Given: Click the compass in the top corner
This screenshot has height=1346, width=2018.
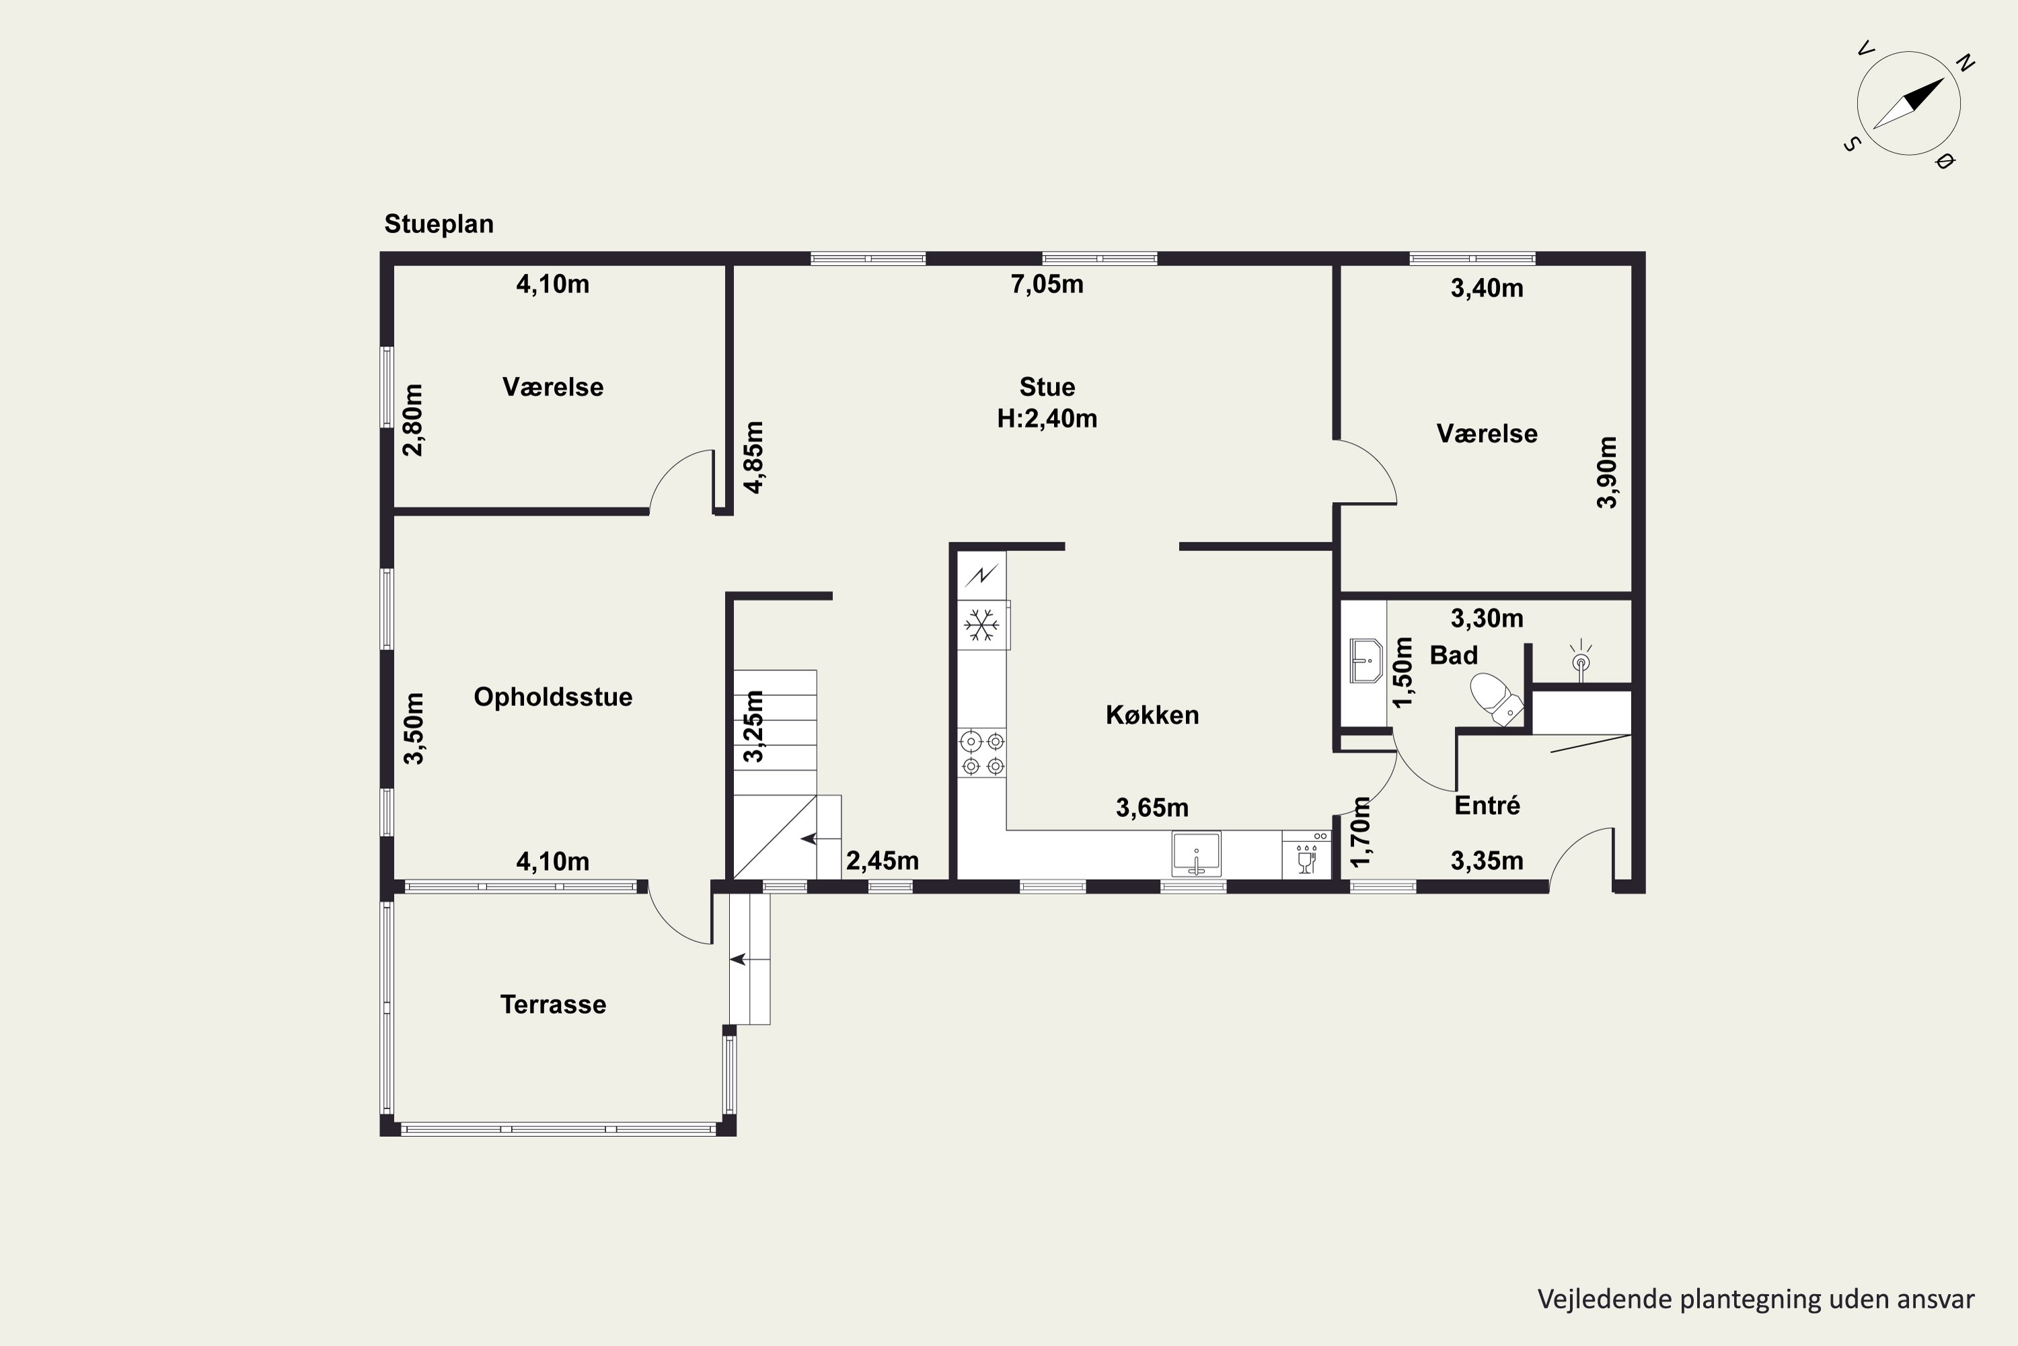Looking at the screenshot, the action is tap(1909, 104).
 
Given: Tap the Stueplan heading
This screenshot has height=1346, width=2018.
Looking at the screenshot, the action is tap(439, 224).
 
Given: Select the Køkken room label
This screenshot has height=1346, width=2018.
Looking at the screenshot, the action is tap(1152, 714).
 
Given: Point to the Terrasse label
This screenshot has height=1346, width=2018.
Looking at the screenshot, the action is tap(554, 1004).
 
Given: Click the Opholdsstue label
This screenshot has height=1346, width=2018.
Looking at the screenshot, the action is tap(554, 697).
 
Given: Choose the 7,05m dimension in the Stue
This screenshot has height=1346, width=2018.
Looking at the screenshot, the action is tap(1047, 284).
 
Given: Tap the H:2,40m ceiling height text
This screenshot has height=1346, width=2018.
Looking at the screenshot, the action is tap(1047, 418).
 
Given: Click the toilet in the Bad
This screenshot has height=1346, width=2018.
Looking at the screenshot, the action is tap(1496, 699).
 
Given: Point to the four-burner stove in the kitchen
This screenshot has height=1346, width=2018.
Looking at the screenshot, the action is tap(982, 753).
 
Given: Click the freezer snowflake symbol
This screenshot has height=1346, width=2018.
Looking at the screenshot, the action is tap(981, 625).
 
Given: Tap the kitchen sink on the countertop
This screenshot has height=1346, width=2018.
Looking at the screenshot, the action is tap(1196, 854).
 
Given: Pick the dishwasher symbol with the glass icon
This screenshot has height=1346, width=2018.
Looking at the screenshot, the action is tap(1306, 854).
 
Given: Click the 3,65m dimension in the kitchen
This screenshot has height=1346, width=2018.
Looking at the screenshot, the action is tap(1152, 808).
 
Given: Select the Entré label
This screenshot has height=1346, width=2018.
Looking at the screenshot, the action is tap(1487, 805).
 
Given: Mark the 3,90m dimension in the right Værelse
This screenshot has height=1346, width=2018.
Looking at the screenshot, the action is tap(1607, 472).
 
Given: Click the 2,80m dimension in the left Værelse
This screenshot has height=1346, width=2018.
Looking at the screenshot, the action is tap(413, 420).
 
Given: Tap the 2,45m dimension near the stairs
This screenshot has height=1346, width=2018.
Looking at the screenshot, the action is tap(882, 861).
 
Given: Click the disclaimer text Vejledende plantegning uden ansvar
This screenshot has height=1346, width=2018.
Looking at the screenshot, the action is tap(1756, 1299).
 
